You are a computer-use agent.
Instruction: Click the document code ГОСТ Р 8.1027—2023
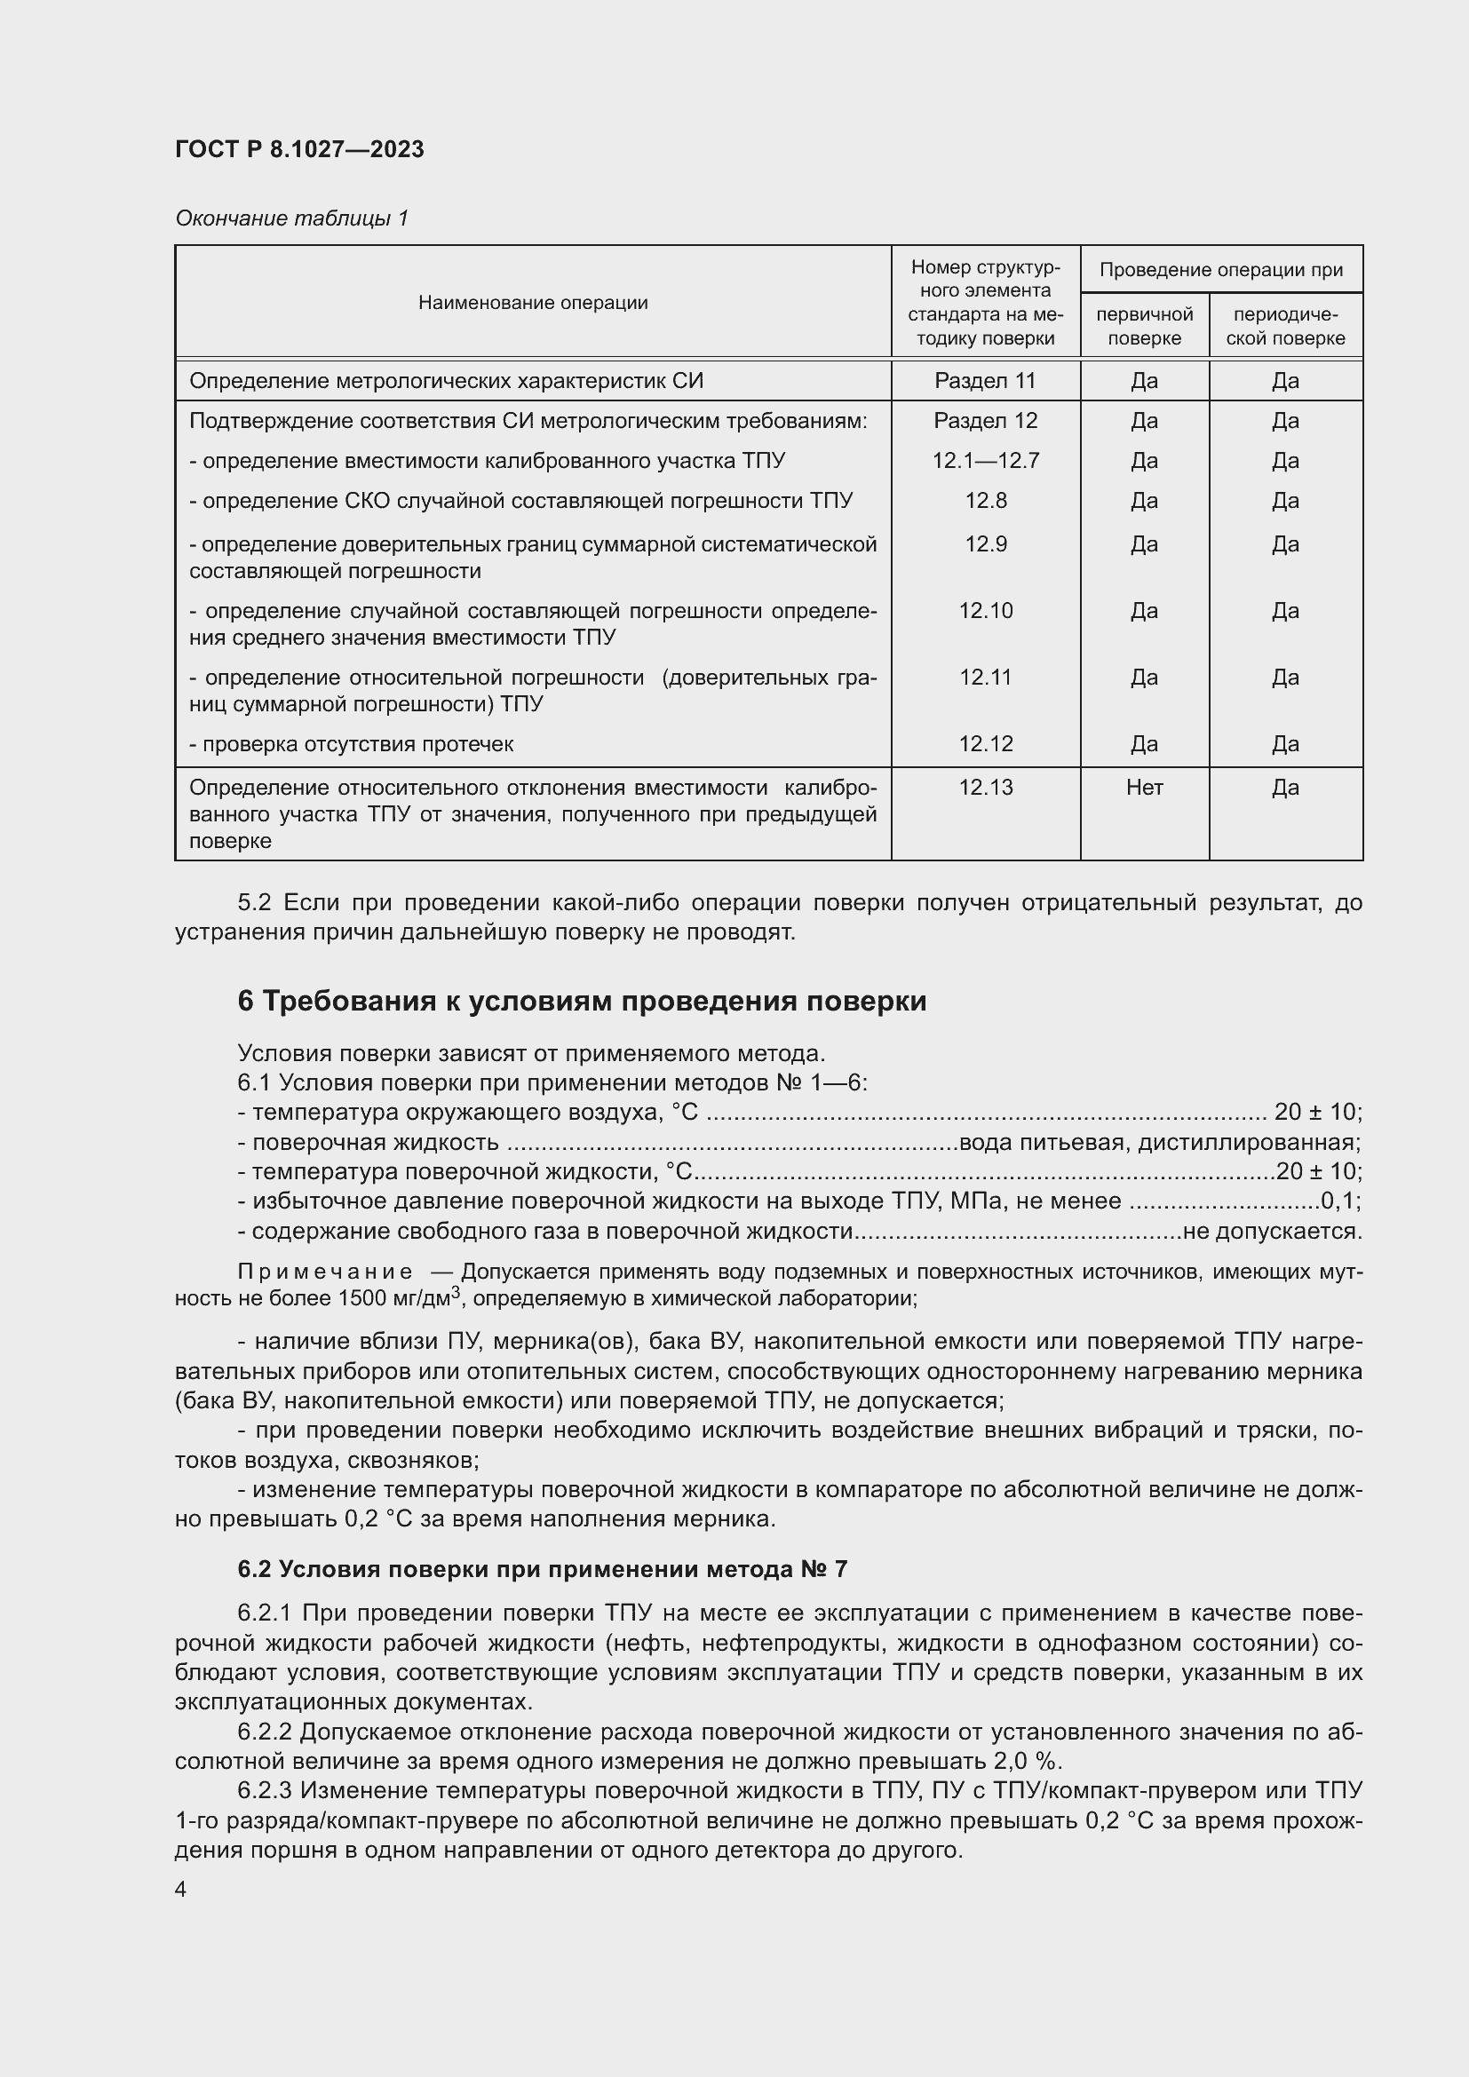(299, 149)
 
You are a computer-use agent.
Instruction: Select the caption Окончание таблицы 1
(291, 218)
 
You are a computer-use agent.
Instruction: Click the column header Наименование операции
(533, 303)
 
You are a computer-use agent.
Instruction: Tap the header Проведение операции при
(1220, 270)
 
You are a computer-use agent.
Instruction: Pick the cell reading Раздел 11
(985, 381)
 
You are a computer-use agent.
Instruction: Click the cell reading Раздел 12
(985, 421)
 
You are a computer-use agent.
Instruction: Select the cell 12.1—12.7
(985, 461)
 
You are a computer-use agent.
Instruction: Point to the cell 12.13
(985, 787)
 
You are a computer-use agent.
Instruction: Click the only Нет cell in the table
(1144, 787)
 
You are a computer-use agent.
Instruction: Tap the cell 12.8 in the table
(985, 500)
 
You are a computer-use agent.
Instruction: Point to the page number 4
(181, 1889)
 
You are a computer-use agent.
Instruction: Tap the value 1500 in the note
(362, 1299)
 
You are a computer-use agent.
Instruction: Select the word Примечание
(325, 1272)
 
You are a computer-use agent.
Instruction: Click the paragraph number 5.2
(253, 903)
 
